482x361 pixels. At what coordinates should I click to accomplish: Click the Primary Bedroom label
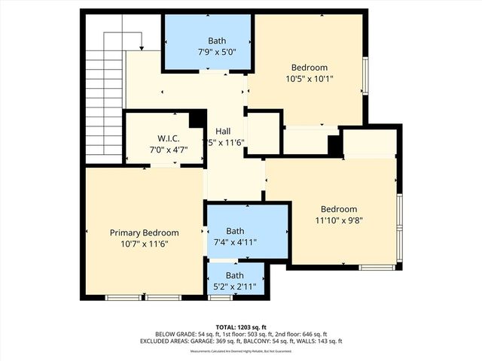pos(145,232)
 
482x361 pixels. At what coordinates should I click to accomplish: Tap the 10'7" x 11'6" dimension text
pos(145,244)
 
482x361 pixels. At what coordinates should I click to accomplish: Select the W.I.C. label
pos(167,138)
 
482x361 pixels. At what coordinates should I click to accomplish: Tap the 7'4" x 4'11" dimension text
pos(236,242)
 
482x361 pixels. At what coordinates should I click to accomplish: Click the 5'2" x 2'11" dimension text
pos(236,286)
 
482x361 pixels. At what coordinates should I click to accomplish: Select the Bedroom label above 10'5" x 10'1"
pos(310,67)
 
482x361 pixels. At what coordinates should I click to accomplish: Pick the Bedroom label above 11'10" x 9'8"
pos(339,209)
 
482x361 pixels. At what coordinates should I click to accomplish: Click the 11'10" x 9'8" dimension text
pos(339,221)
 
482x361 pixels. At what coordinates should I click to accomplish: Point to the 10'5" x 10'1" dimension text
pos(310,79)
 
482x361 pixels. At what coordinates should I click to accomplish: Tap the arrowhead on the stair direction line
pos(141,49)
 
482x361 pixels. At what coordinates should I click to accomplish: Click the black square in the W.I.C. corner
pos(197,119)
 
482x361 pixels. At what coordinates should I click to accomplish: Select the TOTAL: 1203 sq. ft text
pos(241,327)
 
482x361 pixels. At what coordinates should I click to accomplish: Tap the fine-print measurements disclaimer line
pos(241,351)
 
